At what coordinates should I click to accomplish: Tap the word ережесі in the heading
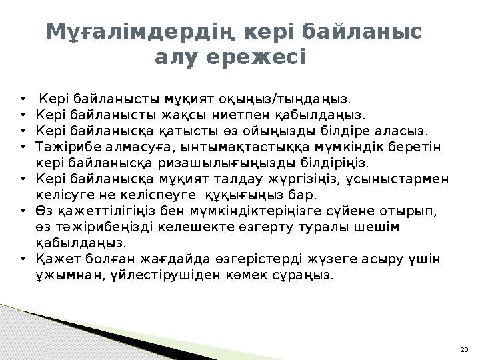pyautogui.click(x=267, y=58)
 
